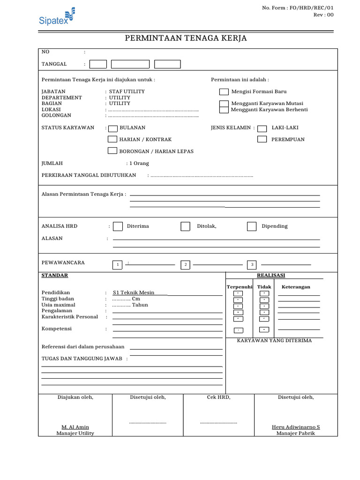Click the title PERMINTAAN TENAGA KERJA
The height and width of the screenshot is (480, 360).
tap(186, 38)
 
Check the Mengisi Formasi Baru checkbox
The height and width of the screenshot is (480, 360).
tap(224, 92)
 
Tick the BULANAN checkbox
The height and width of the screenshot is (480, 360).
tap(113, 128)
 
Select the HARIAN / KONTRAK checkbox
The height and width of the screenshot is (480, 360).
tap(112, 139)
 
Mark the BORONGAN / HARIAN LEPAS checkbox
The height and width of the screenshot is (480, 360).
tap(112, 151)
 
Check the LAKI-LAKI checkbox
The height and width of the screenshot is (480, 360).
tap(262, 128)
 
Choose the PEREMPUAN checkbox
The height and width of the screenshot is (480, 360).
tap(262, 139)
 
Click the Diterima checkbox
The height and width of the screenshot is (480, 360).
tap(118, 226)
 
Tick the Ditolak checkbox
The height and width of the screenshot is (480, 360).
tap(186, 226)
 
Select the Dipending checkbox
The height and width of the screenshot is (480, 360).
tap(252, 226)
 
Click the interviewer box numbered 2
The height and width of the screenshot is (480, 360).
tap(186, 265)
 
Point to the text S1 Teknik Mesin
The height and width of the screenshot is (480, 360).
tap(134, 292)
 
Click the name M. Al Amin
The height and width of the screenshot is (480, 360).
tap(75, 427)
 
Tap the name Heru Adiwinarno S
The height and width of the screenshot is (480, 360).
tap(296, 427)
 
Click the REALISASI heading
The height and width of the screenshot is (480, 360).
tap(271, 276)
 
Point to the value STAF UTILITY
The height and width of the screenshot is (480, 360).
tap(127, 91)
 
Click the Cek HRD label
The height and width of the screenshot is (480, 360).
tap(218, 397)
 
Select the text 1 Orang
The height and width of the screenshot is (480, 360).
tap(139, 164)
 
